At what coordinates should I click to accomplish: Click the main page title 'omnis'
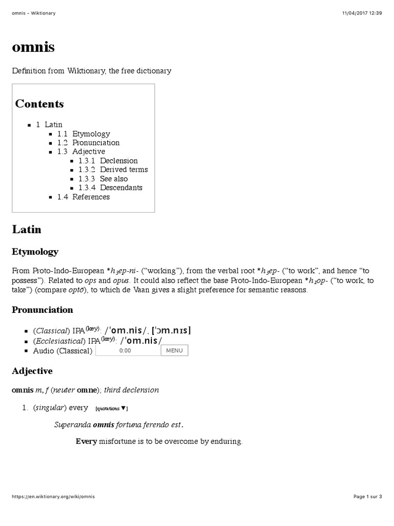33,48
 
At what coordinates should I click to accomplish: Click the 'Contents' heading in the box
40,104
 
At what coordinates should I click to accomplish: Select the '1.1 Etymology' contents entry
84,134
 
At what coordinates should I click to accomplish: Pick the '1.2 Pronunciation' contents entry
88,143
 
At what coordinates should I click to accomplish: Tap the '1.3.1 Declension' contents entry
108,161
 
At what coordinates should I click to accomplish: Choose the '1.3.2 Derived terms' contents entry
113,170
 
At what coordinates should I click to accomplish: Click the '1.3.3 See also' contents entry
103,179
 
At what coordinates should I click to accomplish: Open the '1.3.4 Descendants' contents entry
110,187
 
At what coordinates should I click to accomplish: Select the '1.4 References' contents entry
84,197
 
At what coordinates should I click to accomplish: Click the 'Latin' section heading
27,229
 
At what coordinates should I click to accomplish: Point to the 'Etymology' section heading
35,252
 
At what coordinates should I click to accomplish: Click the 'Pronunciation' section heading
43,310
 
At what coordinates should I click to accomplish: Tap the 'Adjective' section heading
32,371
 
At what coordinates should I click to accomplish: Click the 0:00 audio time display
125,351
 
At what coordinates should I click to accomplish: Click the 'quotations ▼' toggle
111,408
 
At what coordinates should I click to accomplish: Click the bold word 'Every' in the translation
86,441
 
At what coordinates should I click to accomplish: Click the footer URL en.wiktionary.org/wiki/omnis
53,497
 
